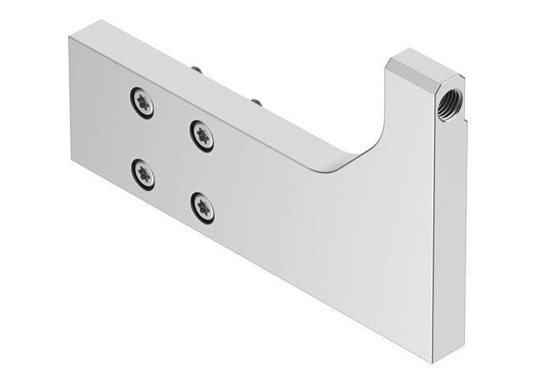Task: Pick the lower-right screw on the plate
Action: (202, 205)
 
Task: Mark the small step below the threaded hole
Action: (447, 119)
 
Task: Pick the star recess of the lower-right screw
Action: (202, 205)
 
